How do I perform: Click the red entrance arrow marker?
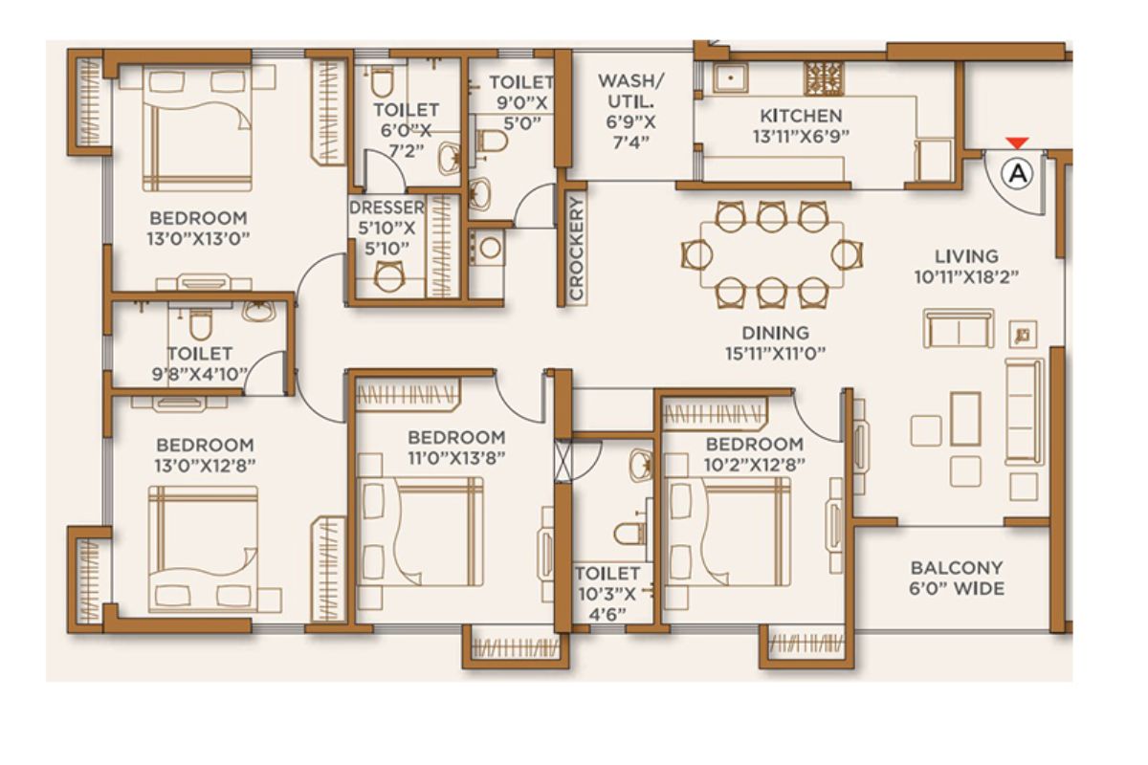(x=1017, y=142)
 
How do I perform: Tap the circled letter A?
(x=1018, y=174)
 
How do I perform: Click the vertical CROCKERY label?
(x=577, y=248)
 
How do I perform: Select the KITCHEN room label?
(x=801, y=116)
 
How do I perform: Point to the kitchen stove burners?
(x=824, y=78)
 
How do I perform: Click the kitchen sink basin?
(x=731, y=77)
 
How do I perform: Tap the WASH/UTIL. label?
(x=630, y=91)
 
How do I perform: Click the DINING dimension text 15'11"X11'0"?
(x=776, y=354)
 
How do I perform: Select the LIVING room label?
(x=966, y=255)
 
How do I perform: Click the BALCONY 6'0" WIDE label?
(x=957, y=578)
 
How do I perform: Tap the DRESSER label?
(x=386, y=208)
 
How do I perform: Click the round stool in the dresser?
(x=389, y=276)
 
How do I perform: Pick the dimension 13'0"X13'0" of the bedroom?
(x=198, y=239)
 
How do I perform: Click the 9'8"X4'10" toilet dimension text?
(x=199, y=374)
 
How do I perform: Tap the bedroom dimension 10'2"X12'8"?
(x=755, y=465)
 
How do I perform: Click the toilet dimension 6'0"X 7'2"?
(x=406, y=141)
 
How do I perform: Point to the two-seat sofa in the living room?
(x=959, y=328)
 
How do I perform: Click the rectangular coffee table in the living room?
(x=965, y=419)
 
